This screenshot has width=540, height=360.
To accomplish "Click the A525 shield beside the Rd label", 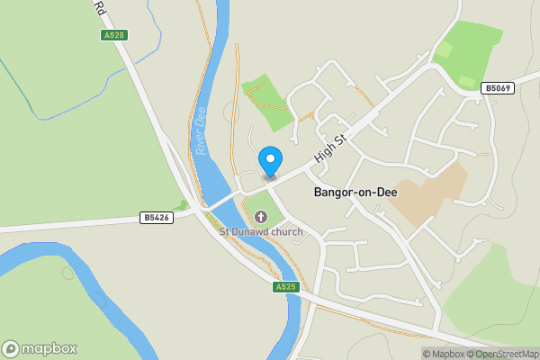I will (114, 35).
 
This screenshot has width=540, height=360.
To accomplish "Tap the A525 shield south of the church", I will (285, 286).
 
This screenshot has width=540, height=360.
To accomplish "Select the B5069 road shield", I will (497, 88).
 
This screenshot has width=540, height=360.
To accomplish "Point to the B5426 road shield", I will (157, 218).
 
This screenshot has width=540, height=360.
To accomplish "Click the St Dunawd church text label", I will (261, 231).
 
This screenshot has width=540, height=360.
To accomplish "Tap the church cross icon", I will (261, 216).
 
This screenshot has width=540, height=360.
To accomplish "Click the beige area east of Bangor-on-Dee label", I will (430, 191).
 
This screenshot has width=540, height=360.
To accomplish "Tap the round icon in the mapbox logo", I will (11, 349).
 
